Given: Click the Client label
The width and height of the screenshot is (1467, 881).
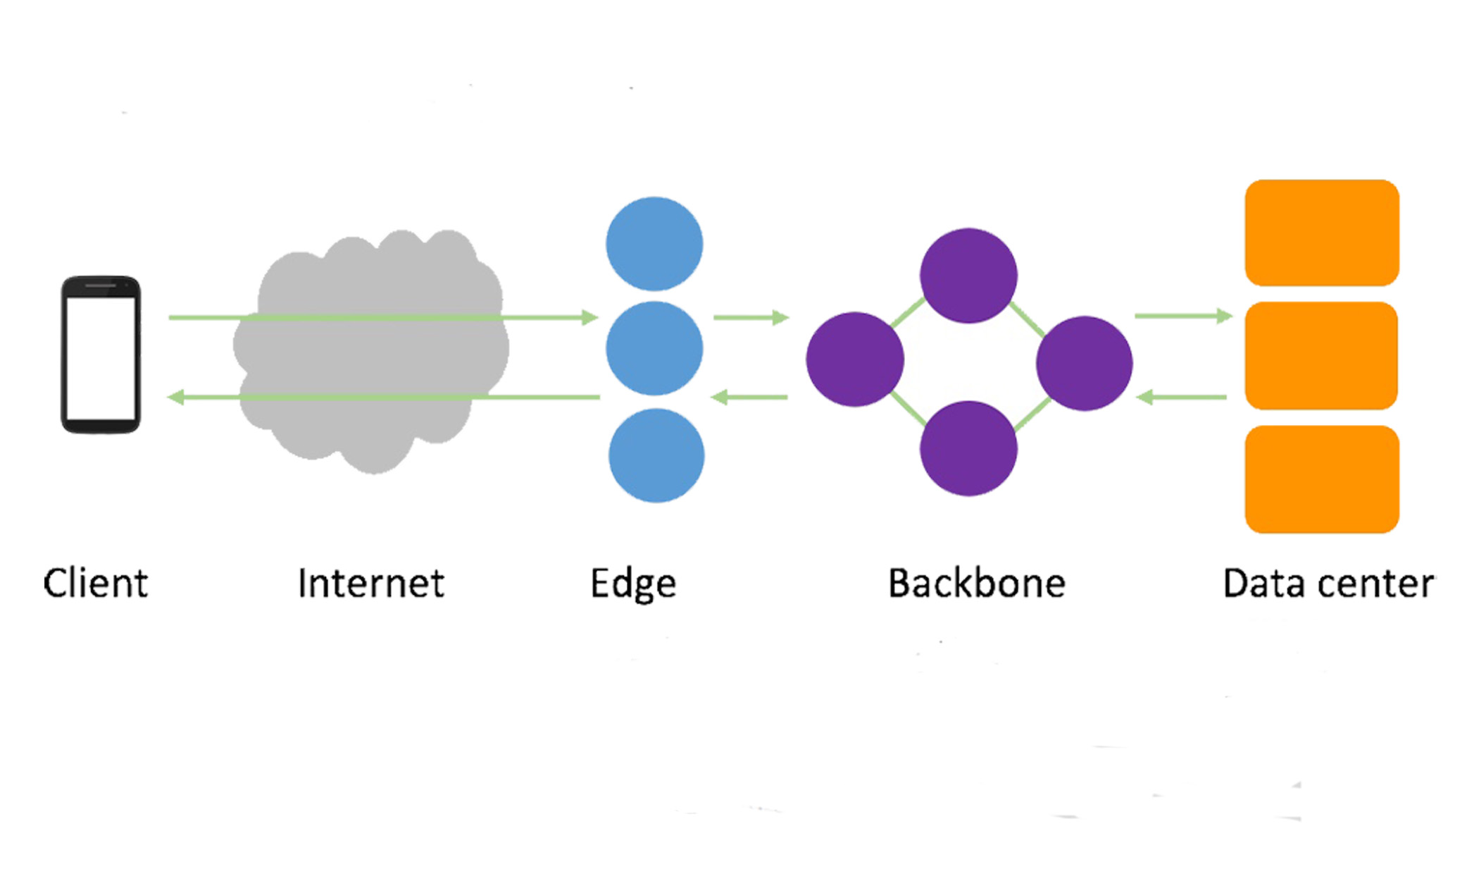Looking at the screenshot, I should click(x=96, y=584).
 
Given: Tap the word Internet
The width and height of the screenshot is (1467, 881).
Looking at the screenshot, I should click(x=370, y=584).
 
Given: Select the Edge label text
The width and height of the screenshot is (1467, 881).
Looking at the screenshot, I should click(x=632, y=584).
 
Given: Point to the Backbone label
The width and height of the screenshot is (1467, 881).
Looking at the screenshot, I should click(x=976, y=584).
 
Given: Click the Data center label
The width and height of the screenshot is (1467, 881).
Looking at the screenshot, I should click(x=1328, y=584).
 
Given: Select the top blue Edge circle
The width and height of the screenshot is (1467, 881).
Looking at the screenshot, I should click(x=654, y=244).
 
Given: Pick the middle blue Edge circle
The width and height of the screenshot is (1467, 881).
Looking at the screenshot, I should click(x=654, y=348).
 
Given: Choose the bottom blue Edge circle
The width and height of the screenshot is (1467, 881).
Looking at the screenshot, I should click(x=656, y=455).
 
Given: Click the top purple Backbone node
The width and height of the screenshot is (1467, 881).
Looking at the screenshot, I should click(x=968, y=276).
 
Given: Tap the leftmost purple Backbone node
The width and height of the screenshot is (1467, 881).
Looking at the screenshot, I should click(x=855, y=359).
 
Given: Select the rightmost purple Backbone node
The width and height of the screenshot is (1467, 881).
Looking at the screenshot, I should click(x=1084, y=363).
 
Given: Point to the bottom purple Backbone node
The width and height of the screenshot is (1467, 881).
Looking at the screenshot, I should click(x=968, y=448).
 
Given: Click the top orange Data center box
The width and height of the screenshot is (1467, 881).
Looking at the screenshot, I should click(x=1322, y=233).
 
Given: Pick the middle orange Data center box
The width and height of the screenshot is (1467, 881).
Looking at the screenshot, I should click(x=1321, y=356).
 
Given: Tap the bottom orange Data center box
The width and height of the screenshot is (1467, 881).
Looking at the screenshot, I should click(x=1322, y=479).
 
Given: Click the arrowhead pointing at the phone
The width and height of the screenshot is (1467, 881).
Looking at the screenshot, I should click(x=176, y=398).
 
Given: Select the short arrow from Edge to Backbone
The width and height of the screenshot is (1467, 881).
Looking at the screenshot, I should click(x=751, y=318).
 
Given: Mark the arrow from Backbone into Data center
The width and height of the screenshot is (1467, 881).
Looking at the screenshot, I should click(x=1183, y=316).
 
